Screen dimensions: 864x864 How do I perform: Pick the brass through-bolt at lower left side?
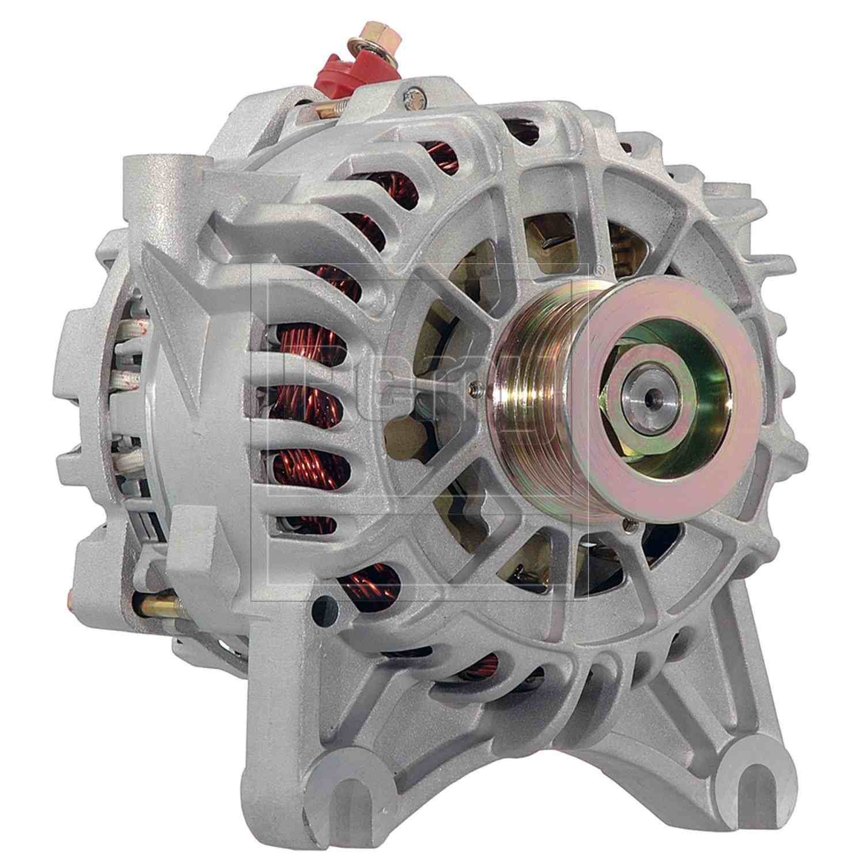[x=158, y=605]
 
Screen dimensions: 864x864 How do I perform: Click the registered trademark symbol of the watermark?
[x=598, y=268]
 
